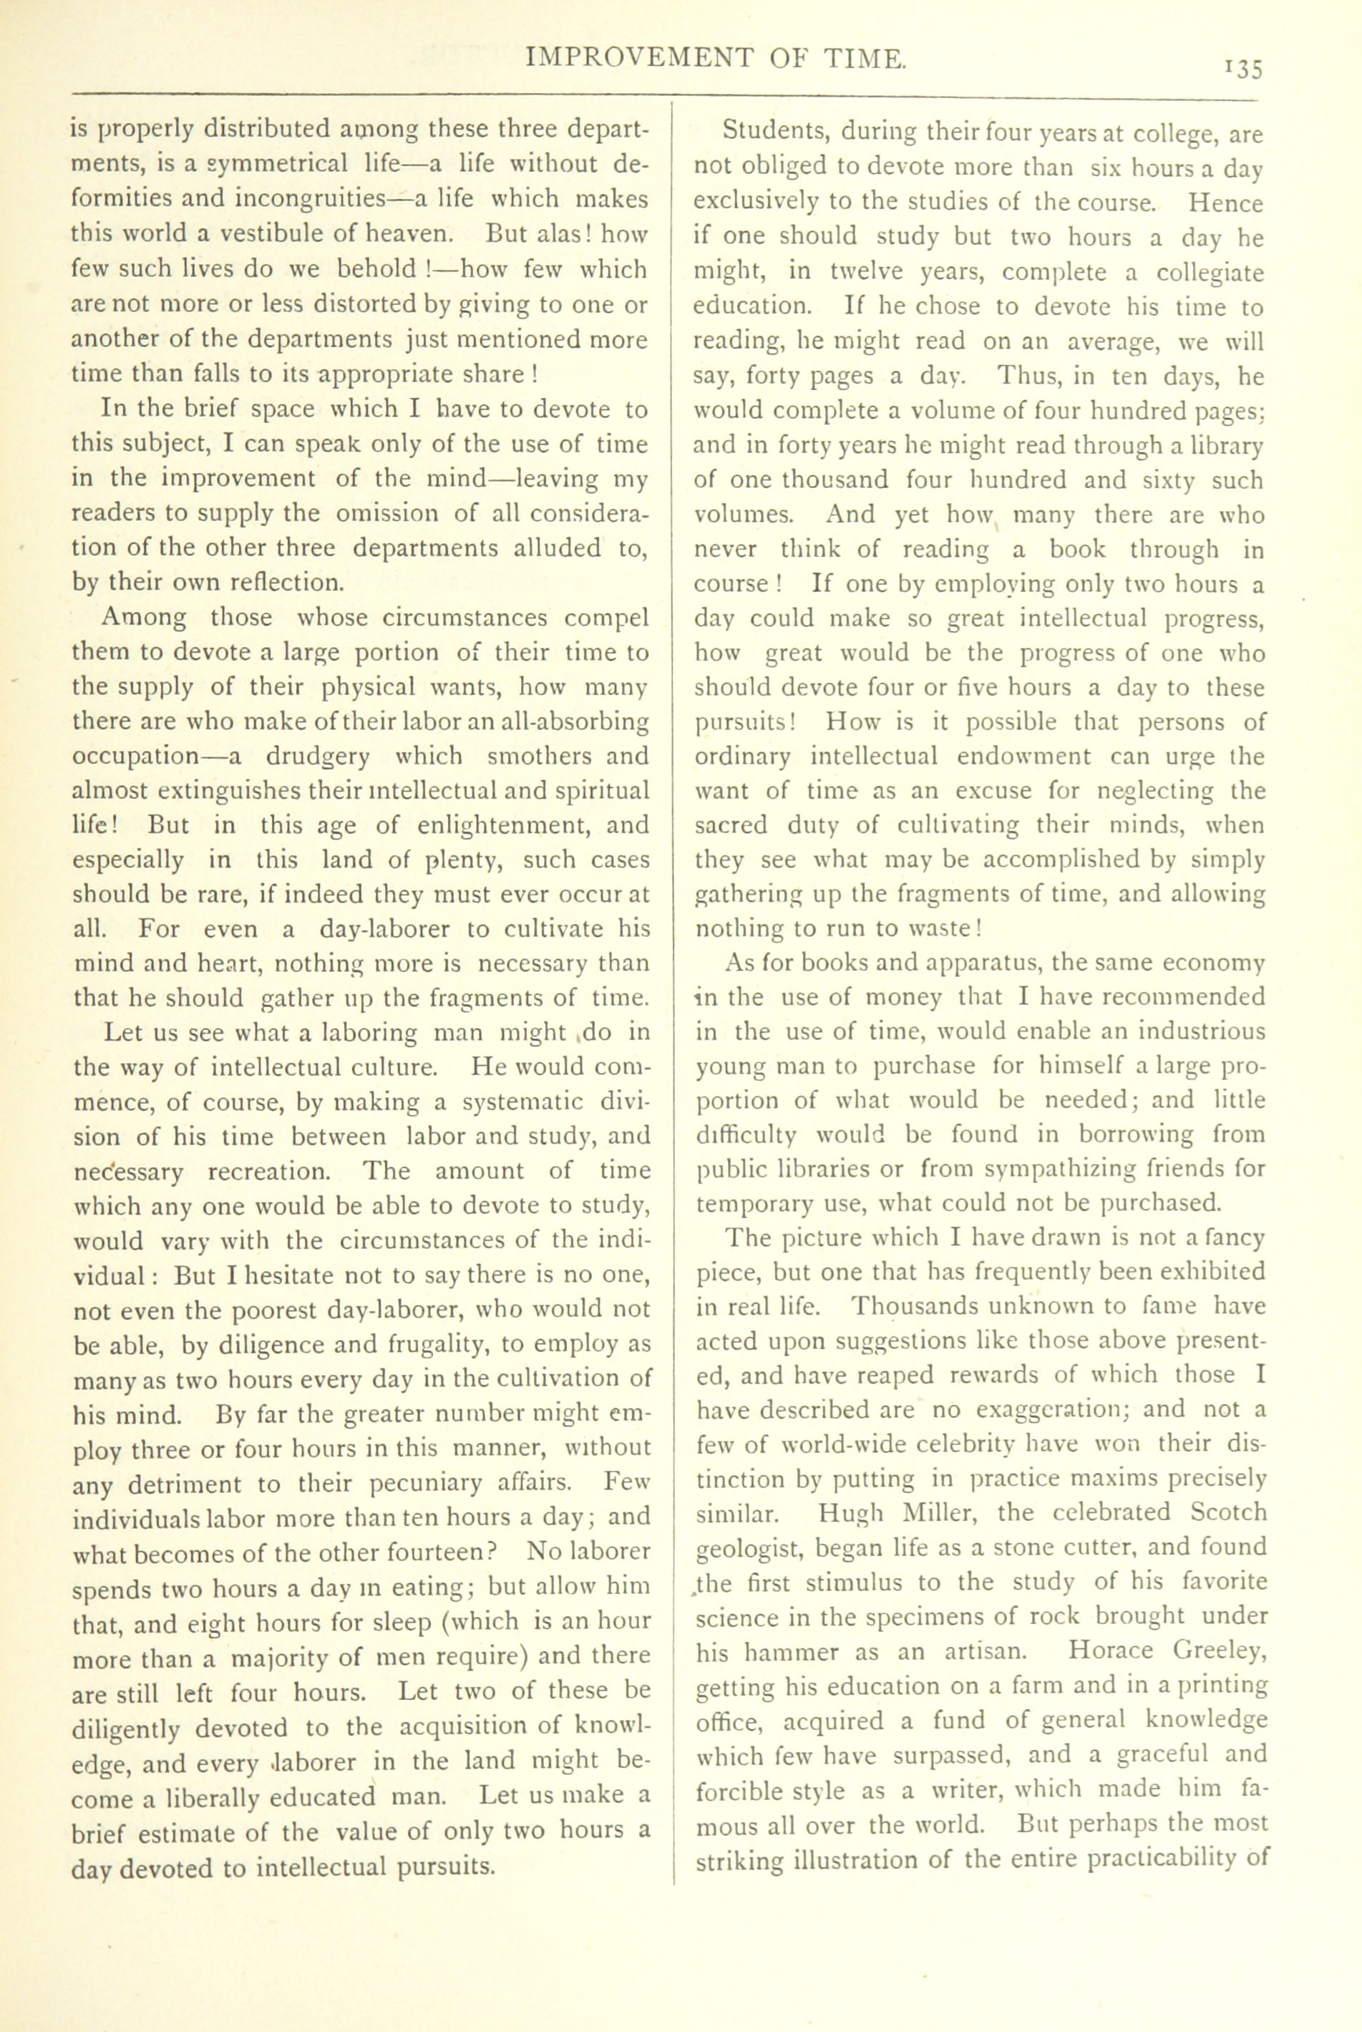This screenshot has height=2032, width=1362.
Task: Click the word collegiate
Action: [x=1202, y=273]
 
